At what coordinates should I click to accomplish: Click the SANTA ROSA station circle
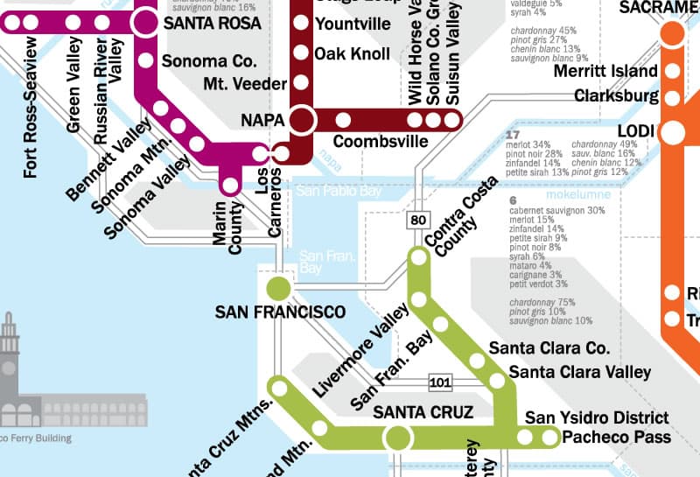point(146,23)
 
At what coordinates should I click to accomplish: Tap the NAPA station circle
point(303,119)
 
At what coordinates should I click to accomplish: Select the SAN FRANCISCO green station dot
point(278,287)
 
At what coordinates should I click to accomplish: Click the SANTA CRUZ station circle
point(398,437)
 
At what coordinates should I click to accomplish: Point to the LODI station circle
point(673,133)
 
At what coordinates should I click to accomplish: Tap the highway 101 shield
point(440,382)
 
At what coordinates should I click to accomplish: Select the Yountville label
point(353,25)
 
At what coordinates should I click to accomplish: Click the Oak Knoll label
point(352,54)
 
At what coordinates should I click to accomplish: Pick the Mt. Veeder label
point(244,84)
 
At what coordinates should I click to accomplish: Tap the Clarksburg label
point(617,95)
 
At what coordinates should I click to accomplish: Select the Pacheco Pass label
point(617,437)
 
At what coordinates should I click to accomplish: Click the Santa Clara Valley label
point(580,372)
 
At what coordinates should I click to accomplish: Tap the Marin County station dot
point(230,185)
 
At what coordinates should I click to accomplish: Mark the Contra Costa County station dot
point(418,256)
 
